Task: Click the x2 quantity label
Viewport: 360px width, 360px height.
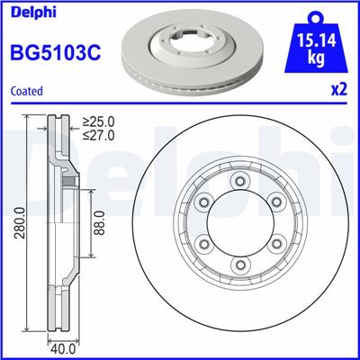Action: (339, 90)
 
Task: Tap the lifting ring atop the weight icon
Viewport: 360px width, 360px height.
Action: (316, 15)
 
